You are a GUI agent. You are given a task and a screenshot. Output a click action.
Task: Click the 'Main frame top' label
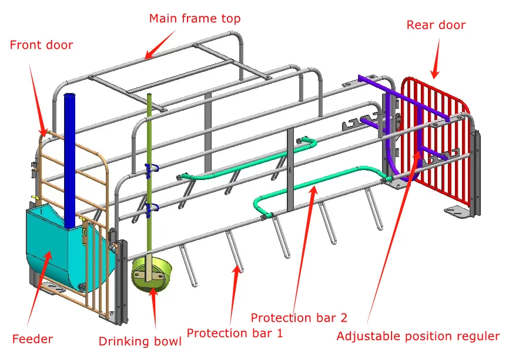[x=195, y=18]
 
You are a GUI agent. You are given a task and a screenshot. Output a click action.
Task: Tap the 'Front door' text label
[x=42, y=45]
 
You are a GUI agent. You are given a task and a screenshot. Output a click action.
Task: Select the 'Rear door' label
[x=436, y=25]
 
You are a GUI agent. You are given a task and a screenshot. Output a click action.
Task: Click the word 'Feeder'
[x=32, y=339]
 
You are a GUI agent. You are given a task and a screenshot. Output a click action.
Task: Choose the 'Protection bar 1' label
[x=235, y=333]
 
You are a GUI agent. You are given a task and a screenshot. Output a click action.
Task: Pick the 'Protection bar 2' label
[x=299, y=318]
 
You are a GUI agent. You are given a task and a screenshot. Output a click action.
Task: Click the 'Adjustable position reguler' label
[x=417, y=336]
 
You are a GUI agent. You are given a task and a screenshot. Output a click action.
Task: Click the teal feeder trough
[x=47, y=247]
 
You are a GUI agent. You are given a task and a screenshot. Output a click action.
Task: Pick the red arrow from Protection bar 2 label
[x=306, y=247]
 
